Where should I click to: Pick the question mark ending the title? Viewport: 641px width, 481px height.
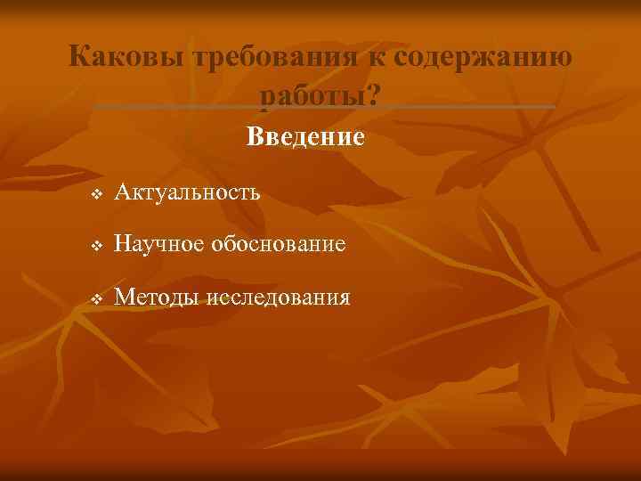(372, 95)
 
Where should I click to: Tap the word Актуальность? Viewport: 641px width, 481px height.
(187, 192)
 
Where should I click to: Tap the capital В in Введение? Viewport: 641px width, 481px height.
(254, 137)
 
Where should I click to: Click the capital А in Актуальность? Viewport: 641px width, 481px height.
(123, 192)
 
